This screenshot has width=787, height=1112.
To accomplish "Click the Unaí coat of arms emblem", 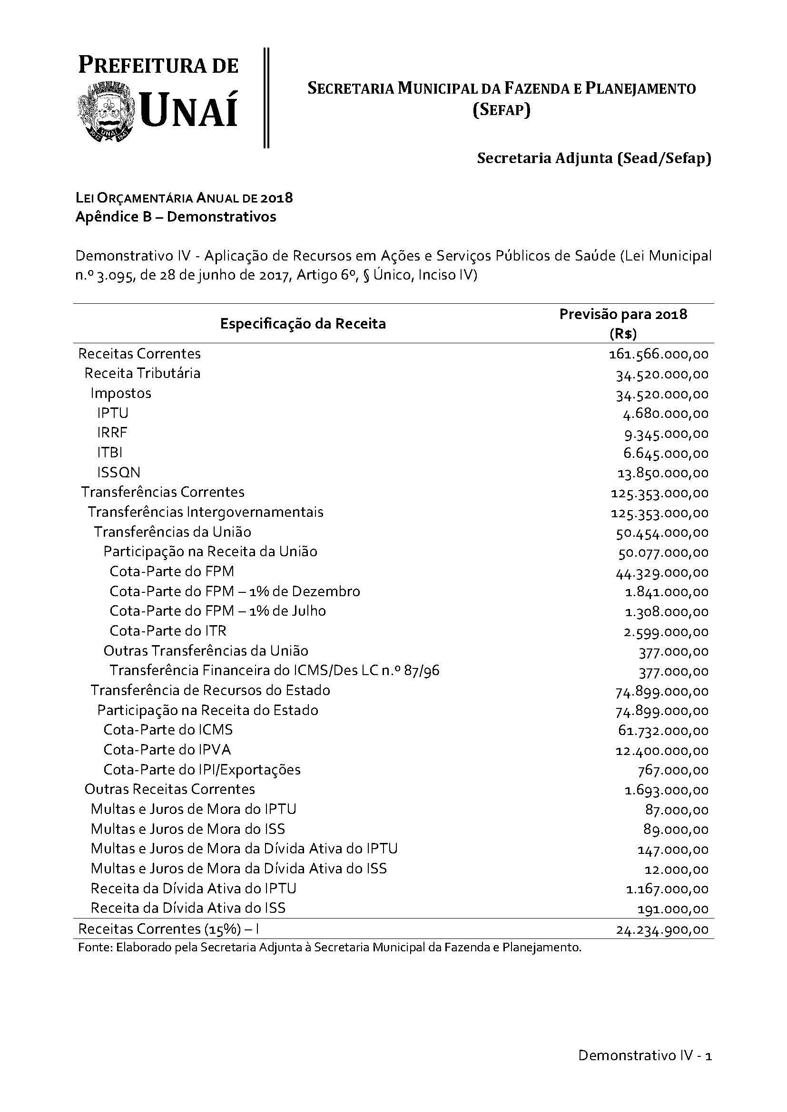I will [106, 111].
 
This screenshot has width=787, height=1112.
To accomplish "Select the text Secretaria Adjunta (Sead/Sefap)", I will [594, 158].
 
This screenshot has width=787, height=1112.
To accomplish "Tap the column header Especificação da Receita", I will [303, 324].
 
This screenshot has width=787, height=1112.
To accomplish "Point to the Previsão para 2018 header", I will [623, 314].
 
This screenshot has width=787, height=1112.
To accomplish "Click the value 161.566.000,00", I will [659, 355].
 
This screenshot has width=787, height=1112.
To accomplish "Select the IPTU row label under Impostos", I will [112, 413].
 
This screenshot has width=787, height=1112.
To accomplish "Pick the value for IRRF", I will [666, 434].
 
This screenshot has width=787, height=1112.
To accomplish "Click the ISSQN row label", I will [119, 473].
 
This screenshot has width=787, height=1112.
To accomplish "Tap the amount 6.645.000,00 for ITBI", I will [666, 454].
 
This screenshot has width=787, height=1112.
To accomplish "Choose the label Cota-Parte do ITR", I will [167, 630].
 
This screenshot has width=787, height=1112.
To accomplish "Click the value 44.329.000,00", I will [662, 573].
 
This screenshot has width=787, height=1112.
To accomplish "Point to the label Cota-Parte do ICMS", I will [167, 730].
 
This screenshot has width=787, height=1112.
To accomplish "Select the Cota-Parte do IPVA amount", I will [662, 751].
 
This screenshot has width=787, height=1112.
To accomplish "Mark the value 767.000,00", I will [673, 771].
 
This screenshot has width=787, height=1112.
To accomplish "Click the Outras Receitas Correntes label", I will [169, 790].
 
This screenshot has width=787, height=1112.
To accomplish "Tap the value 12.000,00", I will [677, 870].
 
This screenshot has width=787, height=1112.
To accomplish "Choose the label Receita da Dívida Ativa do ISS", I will [188, 908].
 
